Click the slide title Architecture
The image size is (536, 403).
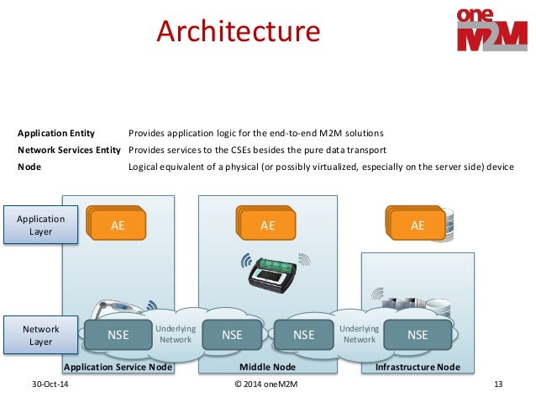pyautogui.click(x=239, y=32)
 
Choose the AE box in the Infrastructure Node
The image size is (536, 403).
pyautogui.click(x=417, y=225)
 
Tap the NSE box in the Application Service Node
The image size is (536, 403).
pyautogui.click(x=118, y=335)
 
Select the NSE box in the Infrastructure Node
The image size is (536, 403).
pyautogui.click(x=418, y=335)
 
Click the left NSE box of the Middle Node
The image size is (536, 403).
pyautogui.click(x=232, y=335)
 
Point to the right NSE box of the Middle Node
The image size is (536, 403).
pyautogui.click(x=303, y=335)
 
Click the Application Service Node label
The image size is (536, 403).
pyautogui.click(x=118, y=368)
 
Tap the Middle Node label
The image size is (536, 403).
pyautogui.click(x=267, y=368)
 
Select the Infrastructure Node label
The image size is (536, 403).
pyautogui.click(x=418, y=368)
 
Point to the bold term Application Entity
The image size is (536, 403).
pyautogui.click(x=56, y=133)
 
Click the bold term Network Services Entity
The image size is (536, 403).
pyautogui.click(x=70, y=150)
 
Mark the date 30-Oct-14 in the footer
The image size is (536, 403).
pyautogui.click(x=49, y=384)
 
